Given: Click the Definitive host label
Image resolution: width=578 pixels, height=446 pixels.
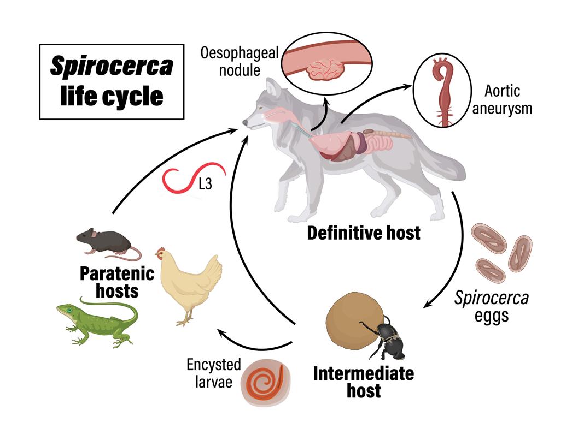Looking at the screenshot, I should tap(364, 233).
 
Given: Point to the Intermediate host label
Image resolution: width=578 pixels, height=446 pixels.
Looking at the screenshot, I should tap(363, 382).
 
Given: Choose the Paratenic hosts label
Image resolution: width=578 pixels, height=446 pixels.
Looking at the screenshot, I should tap(117, 282).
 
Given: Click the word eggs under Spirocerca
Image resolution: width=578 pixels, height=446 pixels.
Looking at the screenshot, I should tap(492, 317).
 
